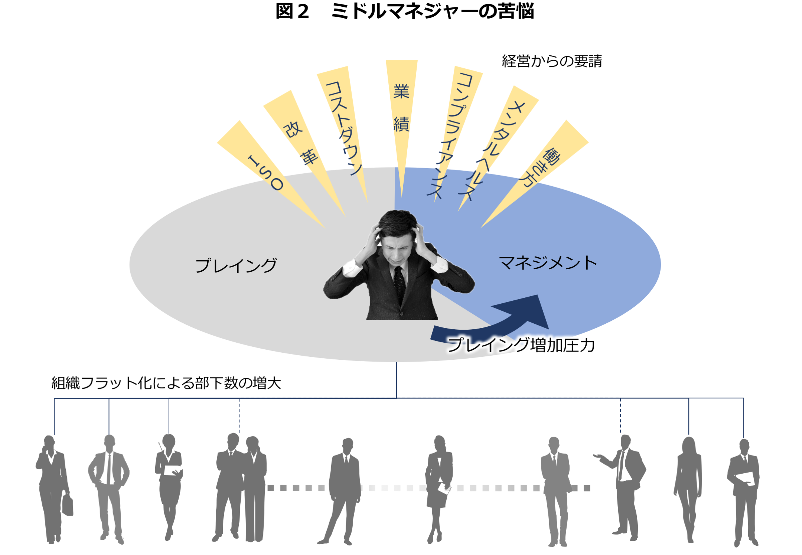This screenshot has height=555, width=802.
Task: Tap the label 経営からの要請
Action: point(552,61)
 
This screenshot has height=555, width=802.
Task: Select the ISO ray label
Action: point(266,173)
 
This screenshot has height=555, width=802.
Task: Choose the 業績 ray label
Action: point(401,108)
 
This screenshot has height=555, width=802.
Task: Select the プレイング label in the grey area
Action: point(236,265)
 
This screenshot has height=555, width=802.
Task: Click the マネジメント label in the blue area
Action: point(548,263)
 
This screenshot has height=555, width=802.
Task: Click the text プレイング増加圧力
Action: point(521,345)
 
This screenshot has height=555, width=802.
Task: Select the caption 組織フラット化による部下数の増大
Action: point(166,383)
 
